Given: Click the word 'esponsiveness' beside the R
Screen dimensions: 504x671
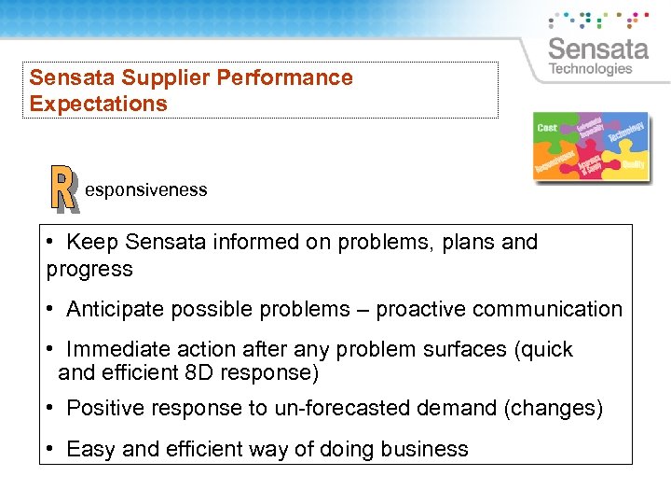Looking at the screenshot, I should click(x=146, y=190).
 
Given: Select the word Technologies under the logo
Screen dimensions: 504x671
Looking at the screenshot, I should click(x=591, y=69).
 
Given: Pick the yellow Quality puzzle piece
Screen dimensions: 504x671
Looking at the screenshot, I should click(x=633, y=163).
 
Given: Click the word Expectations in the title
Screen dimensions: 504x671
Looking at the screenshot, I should click(x=99, y=104).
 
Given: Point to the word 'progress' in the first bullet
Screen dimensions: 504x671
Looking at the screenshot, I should click(x=89, y=270).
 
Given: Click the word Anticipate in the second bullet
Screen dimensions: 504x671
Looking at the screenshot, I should click(x=113, y=309).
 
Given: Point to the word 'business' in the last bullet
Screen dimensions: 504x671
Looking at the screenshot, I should click(x=424, y=449).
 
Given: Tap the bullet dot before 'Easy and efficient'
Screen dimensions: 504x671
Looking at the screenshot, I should click(x=50, y=449).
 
